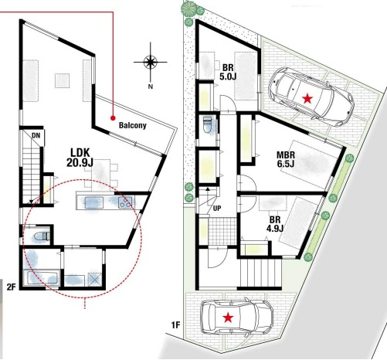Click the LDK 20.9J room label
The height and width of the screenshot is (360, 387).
click(82, 157)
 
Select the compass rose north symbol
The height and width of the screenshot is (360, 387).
click(151, 63)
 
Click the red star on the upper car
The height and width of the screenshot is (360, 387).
click(308, 97)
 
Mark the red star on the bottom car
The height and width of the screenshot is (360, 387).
click(229, 318)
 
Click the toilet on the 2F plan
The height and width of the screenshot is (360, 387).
click(42, 235)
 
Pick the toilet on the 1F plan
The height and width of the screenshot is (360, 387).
click(206, 125)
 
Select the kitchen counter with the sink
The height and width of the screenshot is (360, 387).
click(106, 202)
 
